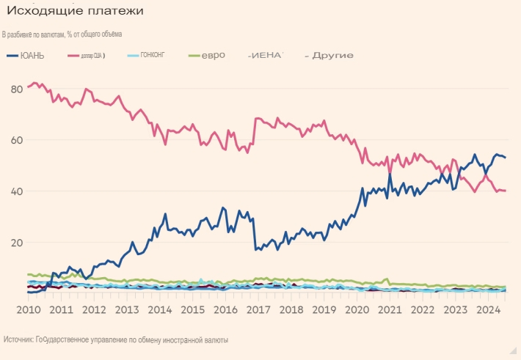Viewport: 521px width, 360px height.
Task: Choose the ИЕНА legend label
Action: pos(267,56)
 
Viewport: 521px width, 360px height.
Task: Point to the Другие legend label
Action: pos(332,56)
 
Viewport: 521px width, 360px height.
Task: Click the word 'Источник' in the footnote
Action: pos(20,340)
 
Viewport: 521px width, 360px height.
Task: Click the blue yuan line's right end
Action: pos(506,158)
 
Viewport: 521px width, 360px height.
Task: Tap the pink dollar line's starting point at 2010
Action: pos(28,87)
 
